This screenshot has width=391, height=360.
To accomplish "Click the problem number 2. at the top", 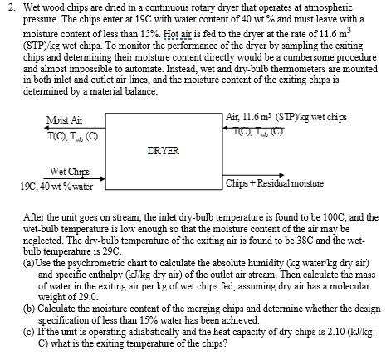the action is (12, 7).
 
